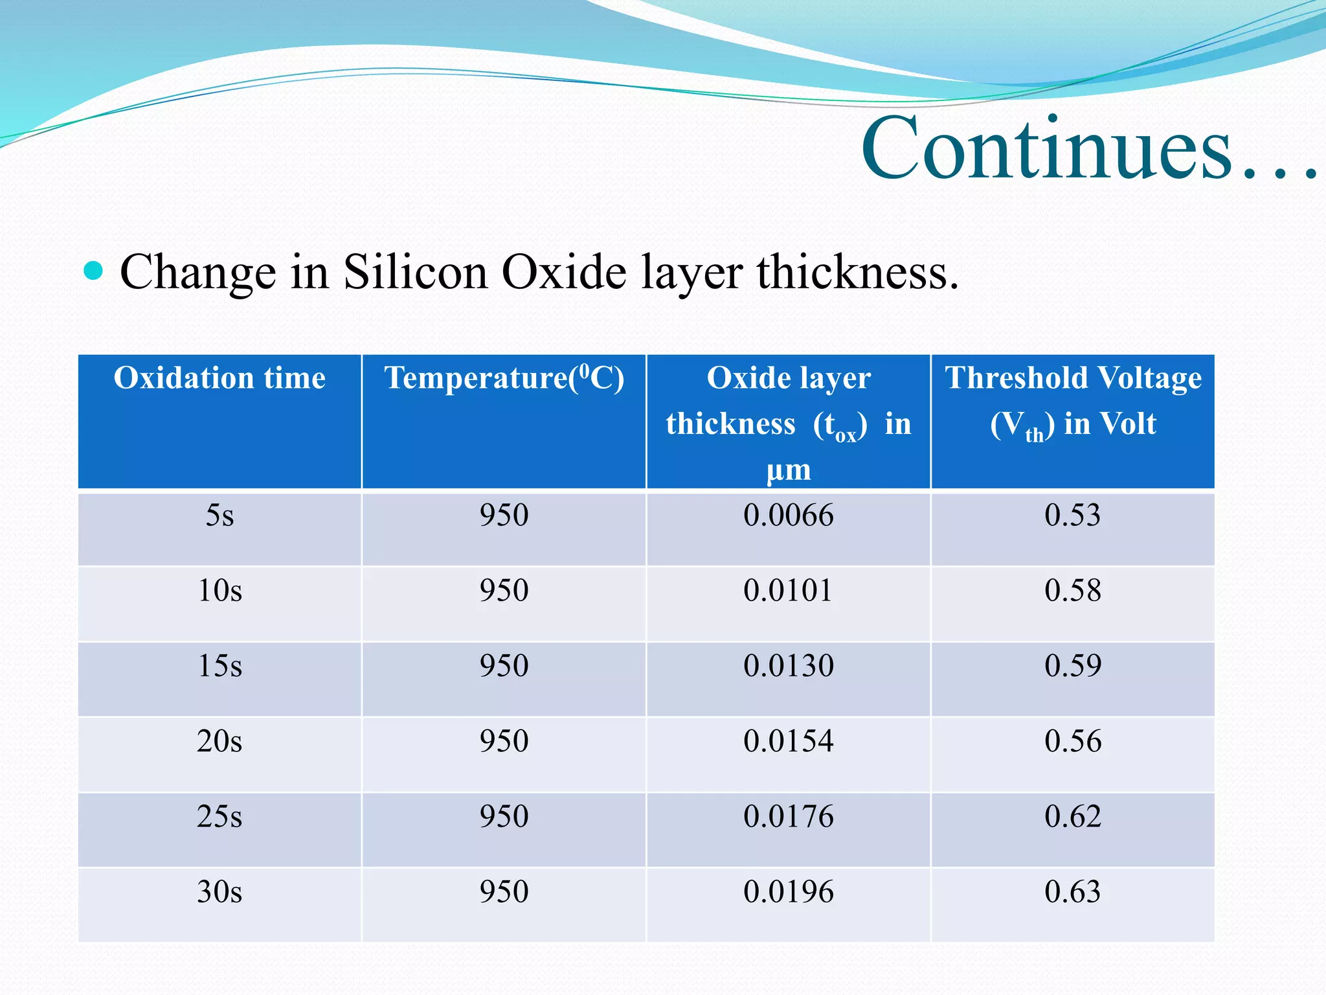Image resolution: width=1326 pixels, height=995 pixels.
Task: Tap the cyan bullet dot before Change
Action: click(94, 271)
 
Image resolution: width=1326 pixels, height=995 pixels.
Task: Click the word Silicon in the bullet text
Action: click(415, 272)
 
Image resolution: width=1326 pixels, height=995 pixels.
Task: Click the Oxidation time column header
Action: click(219, 378)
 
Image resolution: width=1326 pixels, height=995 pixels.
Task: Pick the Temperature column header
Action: click(504, 378)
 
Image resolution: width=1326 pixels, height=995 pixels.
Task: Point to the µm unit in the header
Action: click(788, 470)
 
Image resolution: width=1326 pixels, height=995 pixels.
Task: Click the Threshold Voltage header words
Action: click(1073, 378)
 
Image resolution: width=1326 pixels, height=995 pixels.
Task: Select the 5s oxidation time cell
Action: click(219, 516)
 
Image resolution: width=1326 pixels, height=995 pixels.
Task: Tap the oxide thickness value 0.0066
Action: click(788, 516)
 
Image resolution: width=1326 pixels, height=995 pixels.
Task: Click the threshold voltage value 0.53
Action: click(1072, 516)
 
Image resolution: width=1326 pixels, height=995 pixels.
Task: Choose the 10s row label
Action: click(219, 591)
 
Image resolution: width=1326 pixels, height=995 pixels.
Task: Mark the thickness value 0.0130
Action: click(788, 666)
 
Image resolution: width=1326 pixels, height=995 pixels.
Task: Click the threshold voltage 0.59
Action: click(1072, 666)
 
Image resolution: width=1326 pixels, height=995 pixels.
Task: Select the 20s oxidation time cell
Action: click(219, 741)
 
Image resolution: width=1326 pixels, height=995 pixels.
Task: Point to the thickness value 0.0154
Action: click(788, 741)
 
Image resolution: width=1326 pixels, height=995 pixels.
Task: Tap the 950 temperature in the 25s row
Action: click(504, 816)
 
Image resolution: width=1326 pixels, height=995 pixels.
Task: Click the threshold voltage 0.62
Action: click(1072, 816)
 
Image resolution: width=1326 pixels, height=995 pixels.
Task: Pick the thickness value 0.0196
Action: click(788, 892)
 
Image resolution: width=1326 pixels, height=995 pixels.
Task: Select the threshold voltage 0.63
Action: click(1072, 892)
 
